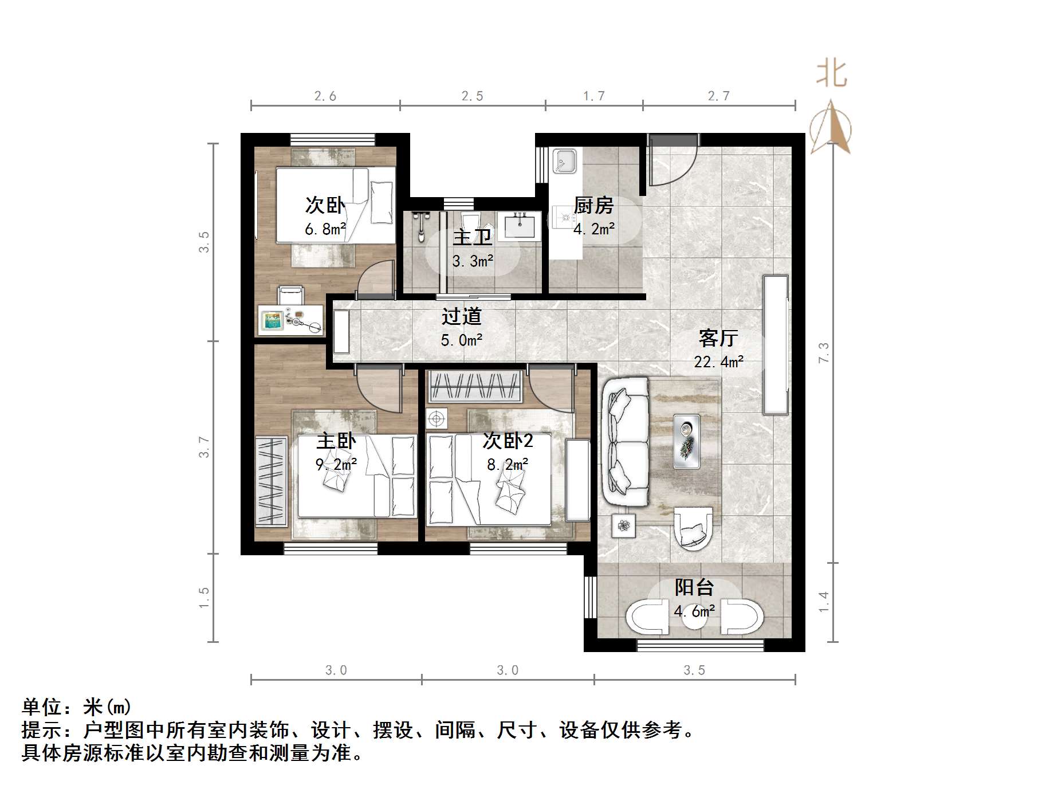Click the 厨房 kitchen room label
click(x=593, y=205)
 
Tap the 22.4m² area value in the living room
click(x=718, y=362)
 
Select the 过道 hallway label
click(x=461, y=316)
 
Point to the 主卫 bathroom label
click(x=472, y=237)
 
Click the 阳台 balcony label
click(x=694, y=587)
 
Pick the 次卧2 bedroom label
click(x=508, y=441)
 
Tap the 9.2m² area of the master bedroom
click(x=336, y=464)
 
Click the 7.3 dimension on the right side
click(x=824, y=352)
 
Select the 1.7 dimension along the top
click(x=594, y=96)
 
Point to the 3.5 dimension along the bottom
click(x=694, y=670)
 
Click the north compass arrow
click(x=831, y=127)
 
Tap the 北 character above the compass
click(x=831, y=74)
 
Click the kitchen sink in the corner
click(x=565, y=160)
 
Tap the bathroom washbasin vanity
click(x=519, y=226)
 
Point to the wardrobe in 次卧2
click(x=475, y=385)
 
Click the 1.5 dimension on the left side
click(x=204, y=598)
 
